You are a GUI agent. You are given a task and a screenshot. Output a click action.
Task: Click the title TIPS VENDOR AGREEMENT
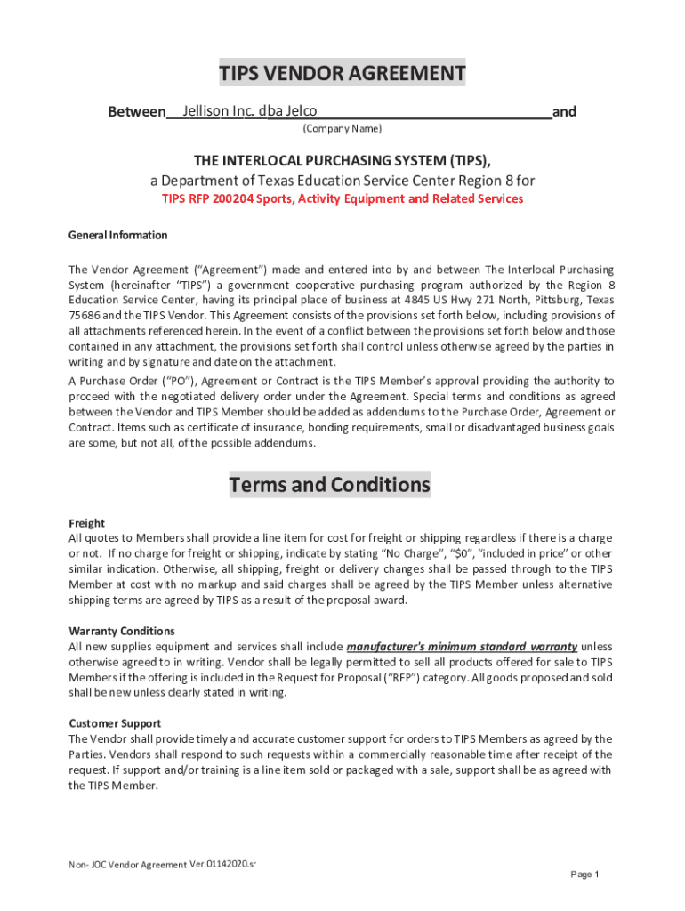click(x=342, y=73)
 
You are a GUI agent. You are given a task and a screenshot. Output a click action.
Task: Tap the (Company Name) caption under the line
click(x=342, y=129)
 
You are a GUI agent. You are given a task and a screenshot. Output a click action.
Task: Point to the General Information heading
click(x=117, y=235)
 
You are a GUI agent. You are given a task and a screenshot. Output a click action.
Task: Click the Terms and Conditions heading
click(x=329, y=485)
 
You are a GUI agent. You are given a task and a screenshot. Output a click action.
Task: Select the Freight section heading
click(x=86, y=523)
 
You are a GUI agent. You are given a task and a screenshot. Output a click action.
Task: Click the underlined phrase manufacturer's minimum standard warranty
click(x=462, y=647)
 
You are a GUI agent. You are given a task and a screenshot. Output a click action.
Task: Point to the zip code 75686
click(x=86, y=315)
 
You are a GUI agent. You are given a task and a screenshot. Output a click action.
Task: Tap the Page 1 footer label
click(x=584, y=874)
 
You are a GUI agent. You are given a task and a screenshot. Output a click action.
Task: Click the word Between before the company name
click(x=136, y=112)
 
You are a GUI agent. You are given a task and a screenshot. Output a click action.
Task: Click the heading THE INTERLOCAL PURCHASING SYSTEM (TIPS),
click(x=342, y=160)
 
